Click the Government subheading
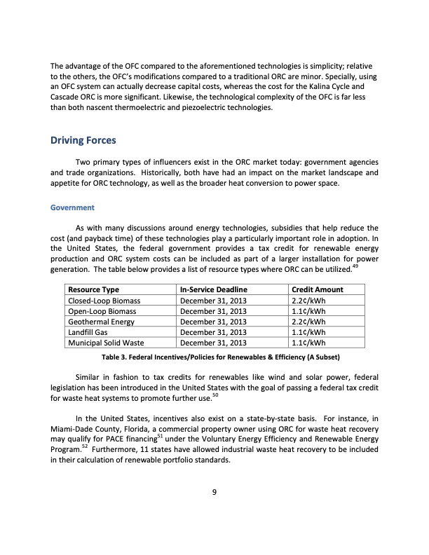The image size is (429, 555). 70,208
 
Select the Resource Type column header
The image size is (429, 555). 93,289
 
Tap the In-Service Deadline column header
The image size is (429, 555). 214,289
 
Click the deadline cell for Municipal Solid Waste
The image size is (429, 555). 214,343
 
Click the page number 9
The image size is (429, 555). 214,491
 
